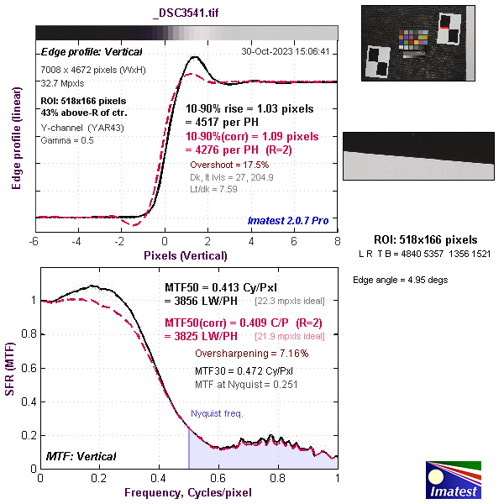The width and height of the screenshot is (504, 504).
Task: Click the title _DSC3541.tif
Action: [187, 14]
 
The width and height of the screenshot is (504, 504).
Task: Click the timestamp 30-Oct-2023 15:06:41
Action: [285, 51]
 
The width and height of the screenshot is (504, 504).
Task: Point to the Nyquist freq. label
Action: [218, 414]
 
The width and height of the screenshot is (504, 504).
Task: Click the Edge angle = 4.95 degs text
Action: [391, 279]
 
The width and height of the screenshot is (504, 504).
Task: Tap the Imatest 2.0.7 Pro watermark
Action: [287, 221]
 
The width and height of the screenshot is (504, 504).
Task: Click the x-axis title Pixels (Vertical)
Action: [185, 255]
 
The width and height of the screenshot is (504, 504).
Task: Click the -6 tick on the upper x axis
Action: [34, 241]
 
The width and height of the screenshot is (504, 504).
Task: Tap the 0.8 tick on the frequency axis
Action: [278, 477]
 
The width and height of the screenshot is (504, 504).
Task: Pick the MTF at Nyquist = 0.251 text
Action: [246, 384]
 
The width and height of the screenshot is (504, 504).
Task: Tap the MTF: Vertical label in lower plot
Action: [81, 456]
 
